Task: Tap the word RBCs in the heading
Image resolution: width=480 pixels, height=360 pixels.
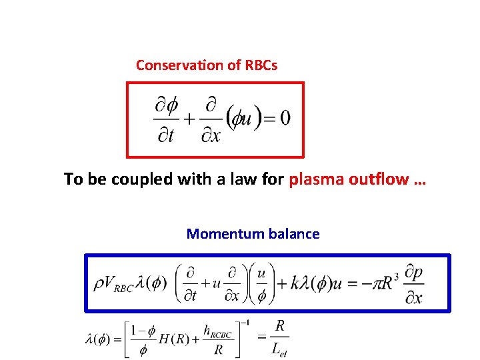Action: (x=258, y=65)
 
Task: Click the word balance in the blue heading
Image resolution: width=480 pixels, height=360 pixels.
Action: (x=293, y=234)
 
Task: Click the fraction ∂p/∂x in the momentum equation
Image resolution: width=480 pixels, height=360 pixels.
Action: (x=413, y=283)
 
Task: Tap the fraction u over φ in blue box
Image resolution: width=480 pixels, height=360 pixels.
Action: (x=261, y=283)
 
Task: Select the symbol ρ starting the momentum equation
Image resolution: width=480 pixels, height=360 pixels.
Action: (x=98, y=283)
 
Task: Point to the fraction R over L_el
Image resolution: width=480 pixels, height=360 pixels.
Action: (x=279, y=338)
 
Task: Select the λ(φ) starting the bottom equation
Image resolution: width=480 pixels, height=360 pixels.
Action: (x=98, y=339)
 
